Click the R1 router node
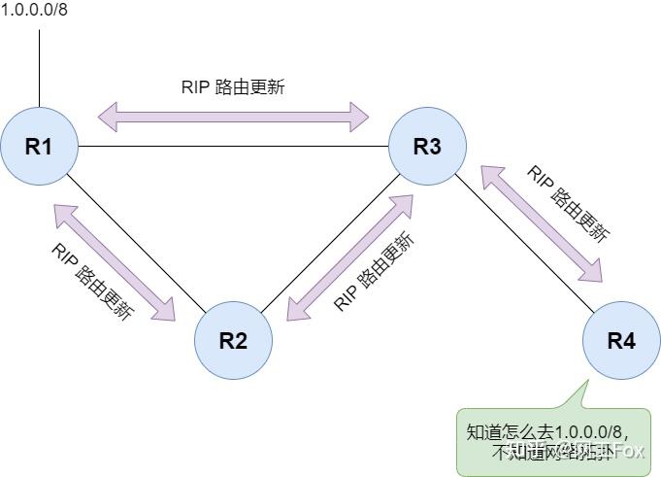39,147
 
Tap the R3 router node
427,147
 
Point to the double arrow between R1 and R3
233,117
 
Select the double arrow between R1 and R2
115,261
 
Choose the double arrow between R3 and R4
543,222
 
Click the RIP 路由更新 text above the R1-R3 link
233,86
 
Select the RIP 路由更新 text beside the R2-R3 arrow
374,273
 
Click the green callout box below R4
553,442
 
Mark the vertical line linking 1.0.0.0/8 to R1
39,68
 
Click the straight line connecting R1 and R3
233,148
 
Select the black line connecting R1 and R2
136,244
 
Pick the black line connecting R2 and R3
330,244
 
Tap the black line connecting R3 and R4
524,244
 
